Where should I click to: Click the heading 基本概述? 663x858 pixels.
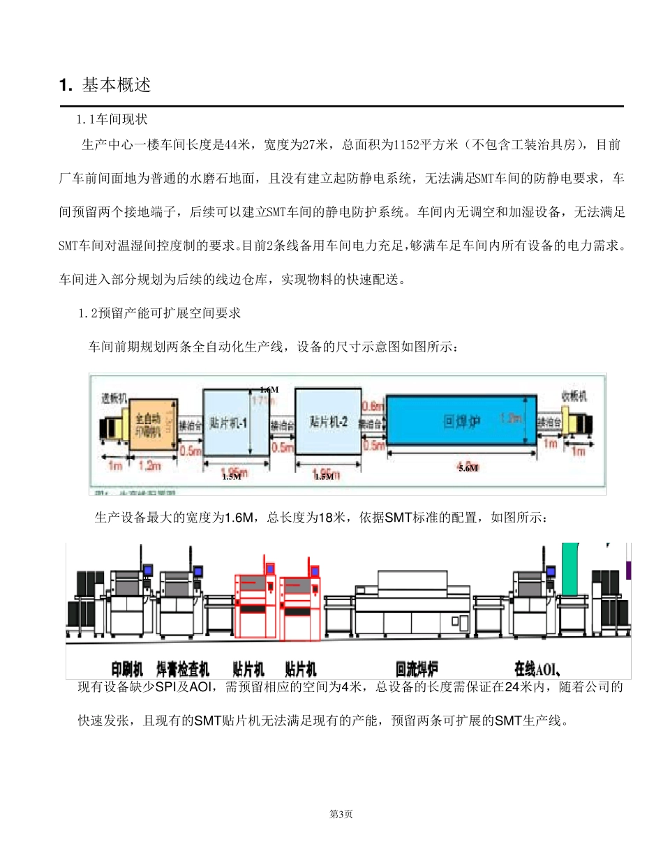(x=117, y=85)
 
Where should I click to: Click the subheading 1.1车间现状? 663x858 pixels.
(x=112, y=120)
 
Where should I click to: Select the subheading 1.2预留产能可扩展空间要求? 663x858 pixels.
(x=160, y=313)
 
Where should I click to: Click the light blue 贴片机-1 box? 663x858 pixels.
(x=235, y=423)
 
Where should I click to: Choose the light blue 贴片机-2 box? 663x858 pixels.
(x=327, y=422)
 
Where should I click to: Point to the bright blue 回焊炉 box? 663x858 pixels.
(x=462, y=421)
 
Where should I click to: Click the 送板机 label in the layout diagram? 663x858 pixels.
(x=114, y=398)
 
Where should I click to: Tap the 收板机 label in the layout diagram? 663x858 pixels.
(x=574, y=396)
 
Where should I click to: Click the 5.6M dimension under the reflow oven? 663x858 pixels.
(x=468, y=468)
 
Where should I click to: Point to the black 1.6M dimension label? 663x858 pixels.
(x=269, y=389)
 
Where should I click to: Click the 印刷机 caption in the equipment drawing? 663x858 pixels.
(x=128, y=669)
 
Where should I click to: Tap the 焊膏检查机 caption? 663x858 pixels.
(x=183, y=669)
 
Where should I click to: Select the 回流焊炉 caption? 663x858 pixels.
(x=417, y=669)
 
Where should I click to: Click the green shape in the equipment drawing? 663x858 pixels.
(x=571, y=569)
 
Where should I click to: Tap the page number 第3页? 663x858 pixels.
(x=341, y=814)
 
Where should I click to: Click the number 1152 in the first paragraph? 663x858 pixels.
(x=406, y=145)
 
